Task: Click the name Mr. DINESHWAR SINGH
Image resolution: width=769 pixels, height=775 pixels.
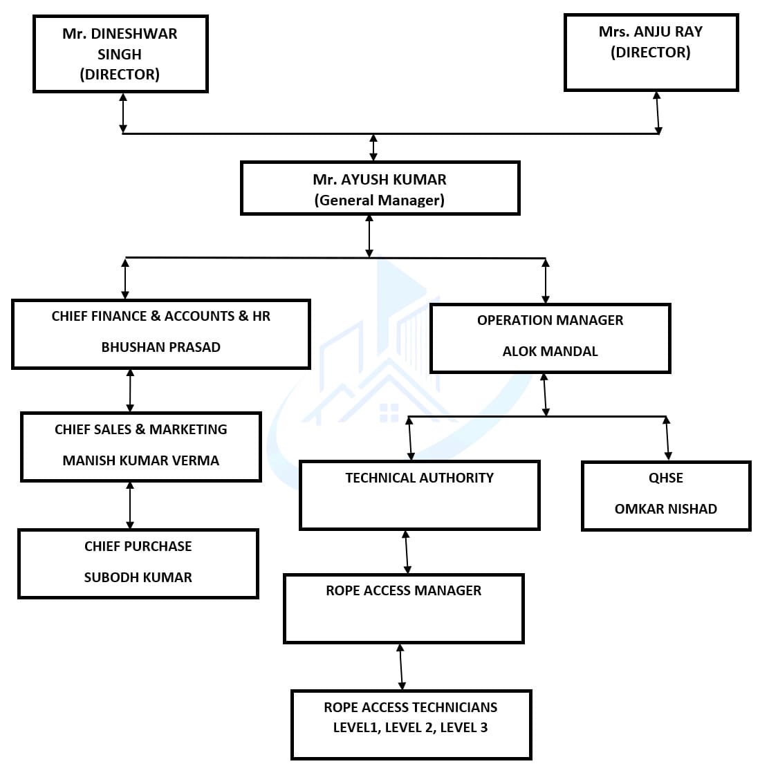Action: click(x=120, y=44)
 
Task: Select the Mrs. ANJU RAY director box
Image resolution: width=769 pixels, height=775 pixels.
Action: click(x=651, y=52)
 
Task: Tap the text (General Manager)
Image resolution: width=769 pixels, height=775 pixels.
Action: click(x=379, y=200)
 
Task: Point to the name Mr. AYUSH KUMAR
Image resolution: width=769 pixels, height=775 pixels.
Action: click(x=379, y=180)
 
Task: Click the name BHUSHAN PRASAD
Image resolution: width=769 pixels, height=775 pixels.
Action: click(x=160, y=348)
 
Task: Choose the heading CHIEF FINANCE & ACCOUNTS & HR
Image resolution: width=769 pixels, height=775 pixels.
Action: click(x=160, y=317)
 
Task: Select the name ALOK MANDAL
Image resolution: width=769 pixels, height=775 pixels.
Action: click(x=550, y=351)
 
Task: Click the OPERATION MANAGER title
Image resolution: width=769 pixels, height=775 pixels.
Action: click(x=550, y=320)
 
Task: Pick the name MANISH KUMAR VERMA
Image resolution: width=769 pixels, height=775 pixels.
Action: click(x=140, y=460)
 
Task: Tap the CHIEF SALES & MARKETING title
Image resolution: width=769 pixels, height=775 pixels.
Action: click(x=140, y=429)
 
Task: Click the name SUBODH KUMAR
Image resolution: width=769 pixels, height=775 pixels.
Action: click(x=138, y=577)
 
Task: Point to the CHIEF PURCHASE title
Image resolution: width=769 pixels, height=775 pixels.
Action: click(x=138, y=546)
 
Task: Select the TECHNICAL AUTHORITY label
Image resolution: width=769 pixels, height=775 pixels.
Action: click(x=419, y=478)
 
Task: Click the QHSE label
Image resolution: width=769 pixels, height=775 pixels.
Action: click(x=665, y=478)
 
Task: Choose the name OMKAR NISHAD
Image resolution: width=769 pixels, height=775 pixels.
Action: click(x=665, y=509)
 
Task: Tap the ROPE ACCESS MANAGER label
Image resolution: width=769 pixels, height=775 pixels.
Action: click(x=403, y=590)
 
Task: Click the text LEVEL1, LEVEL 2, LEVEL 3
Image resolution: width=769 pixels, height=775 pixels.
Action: click(x=410, y=727)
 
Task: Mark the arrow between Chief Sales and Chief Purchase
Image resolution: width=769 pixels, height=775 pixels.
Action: click(x=130, y=505)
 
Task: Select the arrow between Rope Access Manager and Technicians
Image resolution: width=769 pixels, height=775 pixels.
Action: click(x=401, y=666)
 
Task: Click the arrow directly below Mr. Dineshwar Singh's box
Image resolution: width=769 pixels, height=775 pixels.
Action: click(x=123, y=113)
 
